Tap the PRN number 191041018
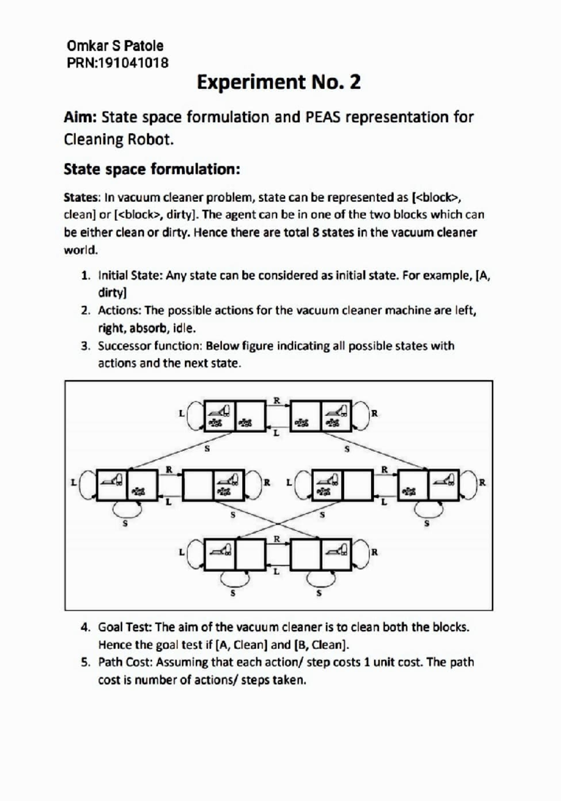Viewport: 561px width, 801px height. (x=132, y=63)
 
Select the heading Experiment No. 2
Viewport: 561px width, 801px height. (x=279, y=82)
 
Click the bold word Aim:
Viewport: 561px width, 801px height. (x=80, y=117)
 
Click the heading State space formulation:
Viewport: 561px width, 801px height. (x=152, y=169)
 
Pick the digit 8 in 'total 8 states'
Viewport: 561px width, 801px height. (x=316, y=233)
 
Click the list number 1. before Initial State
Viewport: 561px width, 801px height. (x=86, y=276)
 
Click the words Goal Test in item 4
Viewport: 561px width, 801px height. (x=124, y=627)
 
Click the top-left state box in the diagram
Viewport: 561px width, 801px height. (x=235, y=416)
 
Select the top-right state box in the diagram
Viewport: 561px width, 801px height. (x=321, y=416)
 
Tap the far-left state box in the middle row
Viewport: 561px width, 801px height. (x=127, y=485)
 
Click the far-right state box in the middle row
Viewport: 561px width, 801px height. (x=428, y=485)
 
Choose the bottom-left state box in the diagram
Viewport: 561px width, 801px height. (x=235, y=554)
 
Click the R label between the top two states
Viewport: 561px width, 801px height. (x=277, y=400)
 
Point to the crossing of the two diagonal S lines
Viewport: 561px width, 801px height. (x=278, y=524)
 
